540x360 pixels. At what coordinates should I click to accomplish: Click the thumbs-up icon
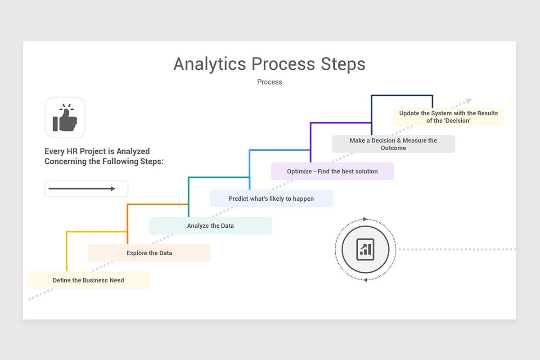click(x=65, y=118)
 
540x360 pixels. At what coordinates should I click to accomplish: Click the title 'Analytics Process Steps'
click(x=269, y=64)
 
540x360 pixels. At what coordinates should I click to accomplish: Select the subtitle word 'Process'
click(x=270, y=82)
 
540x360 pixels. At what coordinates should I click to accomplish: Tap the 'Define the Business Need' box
click(x=88, y=280)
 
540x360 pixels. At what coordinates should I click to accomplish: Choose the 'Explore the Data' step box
click(x=149, y=253)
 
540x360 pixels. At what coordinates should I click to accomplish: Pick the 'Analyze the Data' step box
click(x=210, y=225)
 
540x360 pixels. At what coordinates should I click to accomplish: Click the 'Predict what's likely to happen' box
click(x=271, y=198)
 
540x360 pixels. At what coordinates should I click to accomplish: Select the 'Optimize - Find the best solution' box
click(x=332, y=171)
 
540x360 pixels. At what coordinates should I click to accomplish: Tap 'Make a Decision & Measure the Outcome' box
click(x=393, y=144)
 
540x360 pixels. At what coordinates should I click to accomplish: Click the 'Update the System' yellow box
click(x=448, y=117)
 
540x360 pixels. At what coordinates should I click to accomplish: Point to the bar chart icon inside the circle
click(x=365, y=249)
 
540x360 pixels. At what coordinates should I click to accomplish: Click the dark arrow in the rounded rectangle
click(x=82, y=189)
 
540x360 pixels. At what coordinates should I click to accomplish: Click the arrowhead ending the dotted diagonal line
click(x=468, y=101)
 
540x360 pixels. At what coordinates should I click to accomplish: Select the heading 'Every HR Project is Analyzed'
click(x=97, y=151)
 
